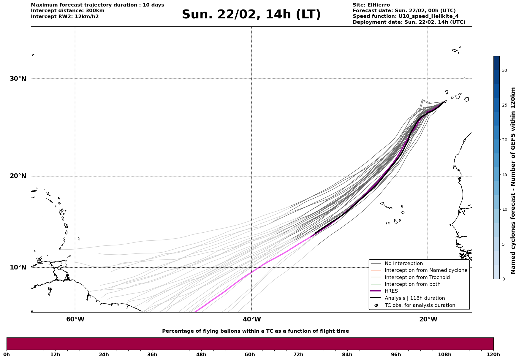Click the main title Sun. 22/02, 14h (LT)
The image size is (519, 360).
point(251,15)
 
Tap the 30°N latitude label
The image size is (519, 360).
point(18,79)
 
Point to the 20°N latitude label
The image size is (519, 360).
point(18,176)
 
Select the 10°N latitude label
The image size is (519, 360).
point(18,267)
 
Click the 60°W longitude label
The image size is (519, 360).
point(75,319)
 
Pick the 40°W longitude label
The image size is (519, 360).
point(252,319)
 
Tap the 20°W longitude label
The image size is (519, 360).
point(428,319)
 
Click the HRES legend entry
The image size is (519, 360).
point(391,291)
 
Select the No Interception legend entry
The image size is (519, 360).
point(404,264)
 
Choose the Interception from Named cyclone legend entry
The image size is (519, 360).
point(426,270)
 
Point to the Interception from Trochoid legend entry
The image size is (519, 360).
point(417,277)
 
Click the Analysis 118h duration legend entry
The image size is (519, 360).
point(414,298)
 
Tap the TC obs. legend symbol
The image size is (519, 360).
point(376,305)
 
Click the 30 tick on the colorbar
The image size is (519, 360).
point(504,70)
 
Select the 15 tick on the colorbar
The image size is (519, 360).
point(504,175)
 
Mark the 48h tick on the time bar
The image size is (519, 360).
point(201,354)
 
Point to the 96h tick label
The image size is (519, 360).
point(396,354)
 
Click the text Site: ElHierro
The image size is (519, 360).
point(371,5)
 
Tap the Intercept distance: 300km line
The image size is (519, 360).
point(68,11)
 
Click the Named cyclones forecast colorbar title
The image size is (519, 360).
point(513,180)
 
